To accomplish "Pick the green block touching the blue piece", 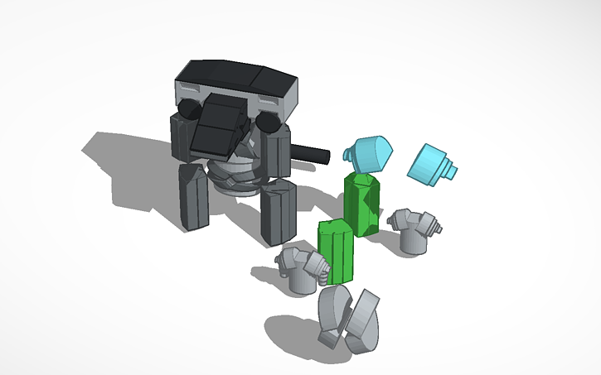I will tap(363, 204).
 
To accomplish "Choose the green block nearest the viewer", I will tap(337, 251).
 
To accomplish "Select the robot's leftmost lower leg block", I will tap(193, 196).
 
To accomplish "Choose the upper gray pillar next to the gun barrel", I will tap(276, 154).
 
